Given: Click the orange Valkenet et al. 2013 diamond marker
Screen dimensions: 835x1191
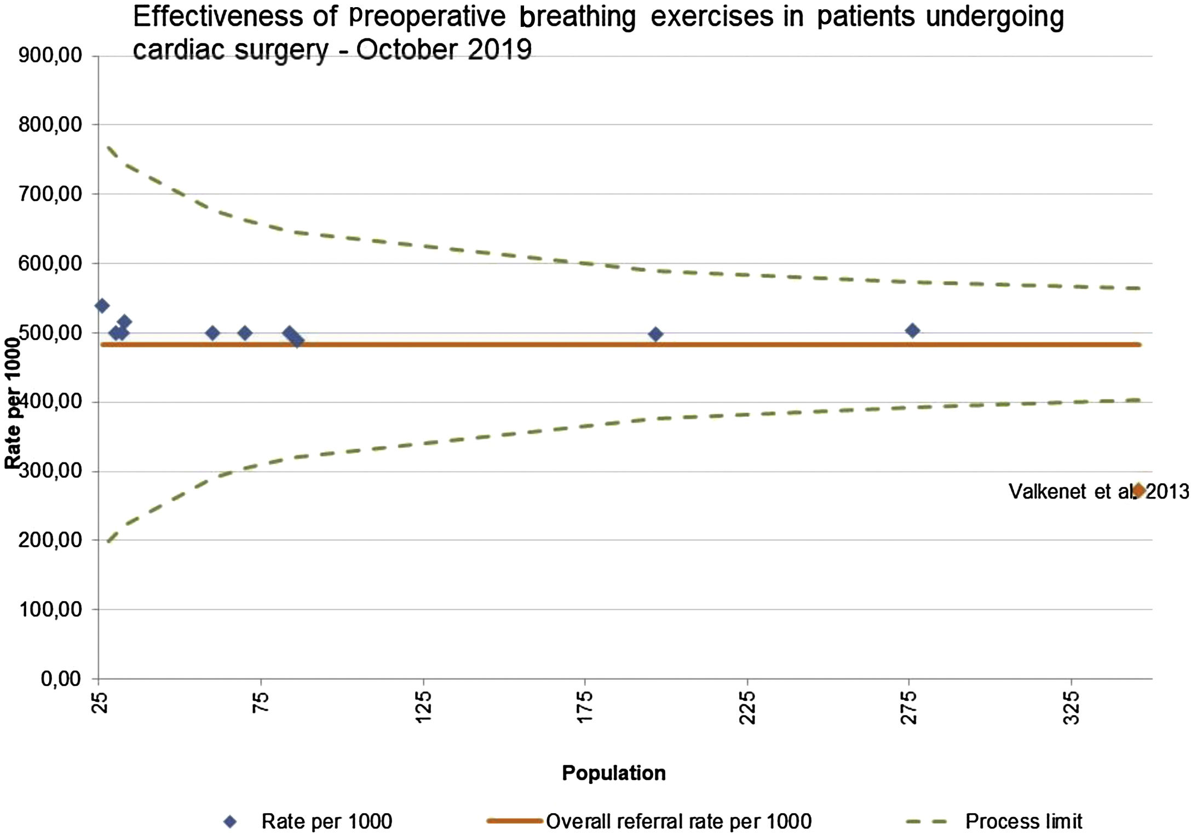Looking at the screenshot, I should [x=1138, y=490].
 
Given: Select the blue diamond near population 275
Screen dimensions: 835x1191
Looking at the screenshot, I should [x=912, y=330].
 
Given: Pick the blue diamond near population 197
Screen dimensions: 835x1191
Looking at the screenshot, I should [x=655, y=334].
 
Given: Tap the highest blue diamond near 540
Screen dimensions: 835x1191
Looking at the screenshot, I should [x=102, y=306].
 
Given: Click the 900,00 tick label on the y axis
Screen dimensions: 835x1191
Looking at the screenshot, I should [x=50, y=56].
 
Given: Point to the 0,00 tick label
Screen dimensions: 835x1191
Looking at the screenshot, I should [x=61, y=679].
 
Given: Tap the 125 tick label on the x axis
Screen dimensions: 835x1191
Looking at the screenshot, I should [x=424, y=707].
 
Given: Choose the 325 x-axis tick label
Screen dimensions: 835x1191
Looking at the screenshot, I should [x=1072, y=707].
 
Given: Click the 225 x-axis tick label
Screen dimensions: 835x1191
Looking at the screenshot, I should [x=747, y=707].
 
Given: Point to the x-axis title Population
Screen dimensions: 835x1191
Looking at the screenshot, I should [x=613, y=773].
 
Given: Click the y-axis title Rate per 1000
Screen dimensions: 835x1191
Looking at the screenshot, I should [x=13, y=403].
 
